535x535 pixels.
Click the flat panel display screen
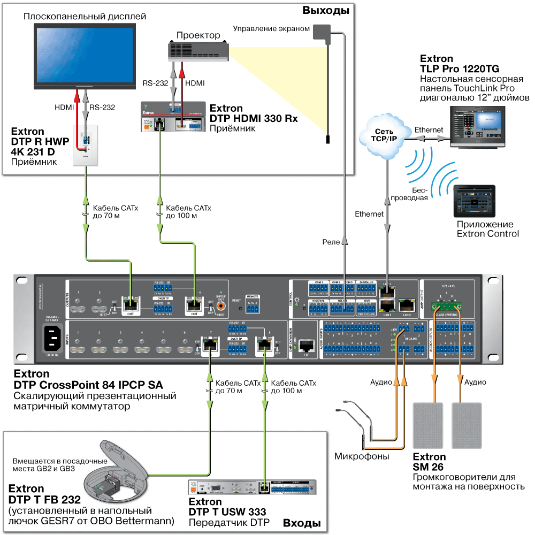85,53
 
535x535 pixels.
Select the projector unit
198,51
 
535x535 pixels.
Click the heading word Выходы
325,10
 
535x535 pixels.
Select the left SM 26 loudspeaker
429,425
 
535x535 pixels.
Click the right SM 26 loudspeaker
467,425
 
